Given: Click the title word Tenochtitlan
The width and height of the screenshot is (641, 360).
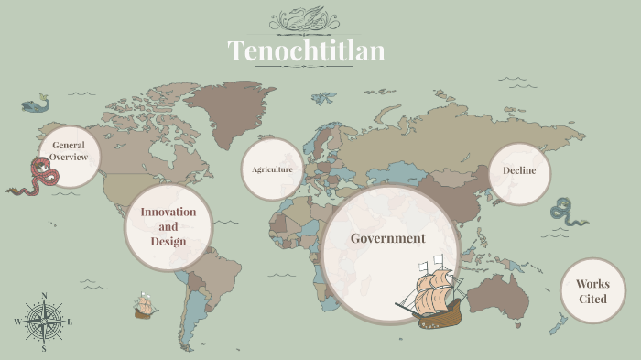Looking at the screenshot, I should pos(306,50).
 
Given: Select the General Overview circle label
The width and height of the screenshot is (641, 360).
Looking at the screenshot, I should pos(69,151).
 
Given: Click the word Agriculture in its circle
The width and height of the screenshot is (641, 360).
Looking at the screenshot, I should pos(272,169).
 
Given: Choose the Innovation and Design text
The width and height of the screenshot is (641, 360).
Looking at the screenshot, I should pos(168,226).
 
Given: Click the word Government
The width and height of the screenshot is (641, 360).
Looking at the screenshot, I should pos(388,238).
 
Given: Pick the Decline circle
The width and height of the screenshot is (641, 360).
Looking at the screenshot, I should pos(519,170).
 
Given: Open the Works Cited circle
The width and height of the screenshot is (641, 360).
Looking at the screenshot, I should pos(592,291).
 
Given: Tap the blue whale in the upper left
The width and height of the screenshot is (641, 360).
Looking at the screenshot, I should pos(34,104).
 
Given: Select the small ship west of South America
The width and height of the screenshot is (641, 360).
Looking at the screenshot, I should pos(143,306).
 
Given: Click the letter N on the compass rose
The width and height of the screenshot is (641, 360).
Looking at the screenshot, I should pos(44,295).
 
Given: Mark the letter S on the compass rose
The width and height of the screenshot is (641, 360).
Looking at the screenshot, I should pos(44,349).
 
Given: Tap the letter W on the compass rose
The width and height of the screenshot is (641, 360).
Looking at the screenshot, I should pos(17,322).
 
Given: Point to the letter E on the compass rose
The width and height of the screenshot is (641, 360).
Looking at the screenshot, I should pos(70,322).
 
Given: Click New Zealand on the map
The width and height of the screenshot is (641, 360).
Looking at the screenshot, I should pos(558,323).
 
